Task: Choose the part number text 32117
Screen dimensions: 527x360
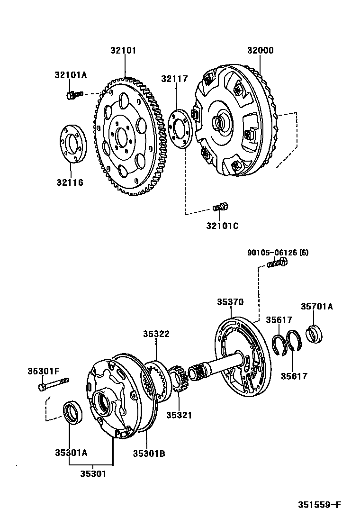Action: pos(174,79)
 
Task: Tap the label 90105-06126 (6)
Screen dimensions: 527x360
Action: pos(278,253)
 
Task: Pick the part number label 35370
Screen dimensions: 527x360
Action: pos(230,302)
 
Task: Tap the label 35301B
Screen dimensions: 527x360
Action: pos(149,453)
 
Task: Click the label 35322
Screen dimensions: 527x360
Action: pos(156,334)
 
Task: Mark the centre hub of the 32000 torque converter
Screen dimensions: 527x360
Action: pos(219,121)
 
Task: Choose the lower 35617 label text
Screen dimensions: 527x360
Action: pos(293,376)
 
